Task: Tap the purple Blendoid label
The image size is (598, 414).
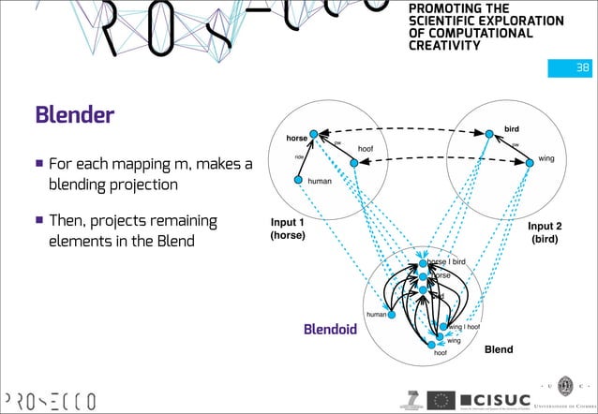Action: [331, 330]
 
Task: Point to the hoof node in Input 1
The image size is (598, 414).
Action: [354, 163]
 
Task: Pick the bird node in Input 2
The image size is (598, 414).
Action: [488, 134]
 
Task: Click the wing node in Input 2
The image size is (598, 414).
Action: [526, 161]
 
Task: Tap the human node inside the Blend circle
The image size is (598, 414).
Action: [393, 315]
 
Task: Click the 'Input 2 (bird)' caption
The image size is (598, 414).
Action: [545, 232]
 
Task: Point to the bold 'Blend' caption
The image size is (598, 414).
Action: [498, 349]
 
